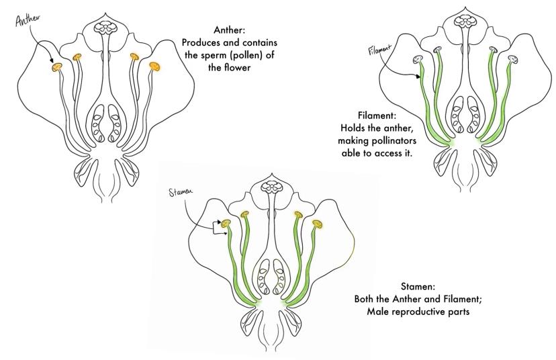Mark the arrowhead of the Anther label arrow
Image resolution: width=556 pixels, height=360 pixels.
tap(51, 65)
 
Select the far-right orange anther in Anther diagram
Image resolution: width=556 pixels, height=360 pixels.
tap(155, 66)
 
